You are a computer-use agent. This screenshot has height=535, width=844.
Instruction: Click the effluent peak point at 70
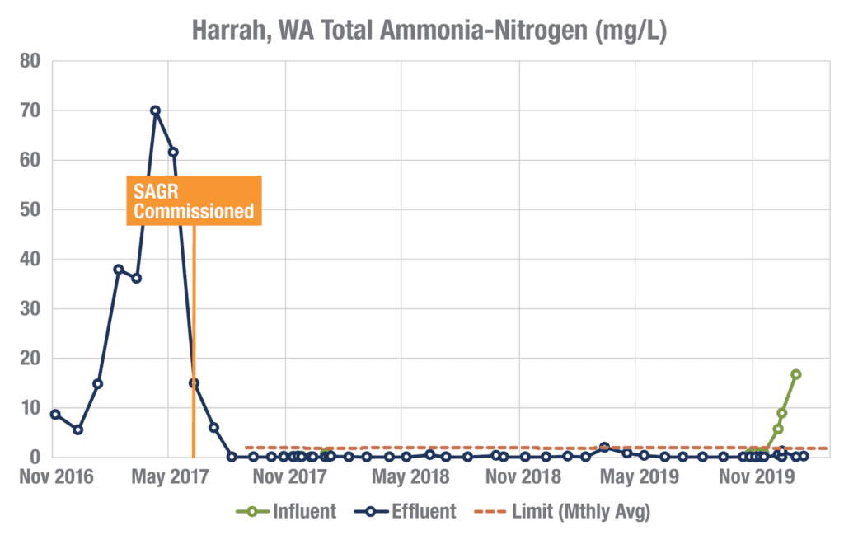click(155, 110)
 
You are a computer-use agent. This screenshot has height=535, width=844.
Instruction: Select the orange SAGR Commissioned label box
click(194, 200)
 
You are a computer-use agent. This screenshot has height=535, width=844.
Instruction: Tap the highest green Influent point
click(796, 374)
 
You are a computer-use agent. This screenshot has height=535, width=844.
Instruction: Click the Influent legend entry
click(286, 511)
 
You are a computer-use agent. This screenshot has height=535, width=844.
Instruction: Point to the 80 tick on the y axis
click(30, 61)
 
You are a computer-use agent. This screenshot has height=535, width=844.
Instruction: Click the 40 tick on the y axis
click(30, 259)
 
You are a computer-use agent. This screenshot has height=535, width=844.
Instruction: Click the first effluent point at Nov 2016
click(55, 414)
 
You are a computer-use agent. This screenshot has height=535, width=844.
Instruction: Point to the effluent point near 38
click(118, 270)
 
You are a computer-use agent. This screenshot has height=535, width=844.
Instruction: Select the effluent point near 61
click(173, 152)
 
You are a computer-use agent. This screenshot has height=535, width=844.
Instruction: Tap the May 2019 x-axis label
click(635, 476)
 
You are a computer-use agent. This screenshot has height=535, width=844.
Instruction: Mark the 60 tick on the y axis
click(30, 160)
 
